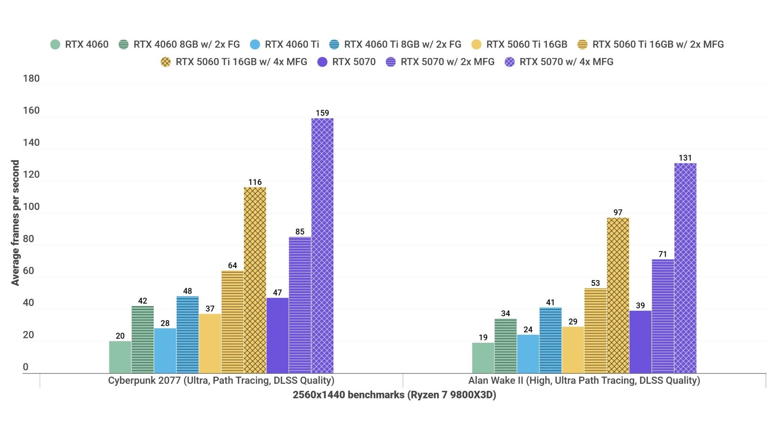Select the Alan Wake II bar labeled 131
685,268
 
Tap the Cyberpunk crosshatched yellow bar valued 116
255,280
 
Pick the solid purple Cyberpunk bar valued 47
277,335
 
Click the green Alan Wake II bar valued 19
483,358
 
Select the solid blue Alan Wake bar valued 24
528,354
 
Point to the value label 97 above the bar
618,212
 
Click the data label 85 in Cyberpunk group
300,232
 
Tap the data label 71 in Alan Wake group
662,254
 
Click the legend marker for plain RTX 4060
55,44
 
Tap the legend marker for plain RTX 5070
322,62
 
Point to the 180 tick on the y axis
31,78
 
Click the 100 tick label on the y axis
31,207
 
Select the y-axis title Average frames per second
15,223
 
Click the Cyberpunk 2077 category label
221,380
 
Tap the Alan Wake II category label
584,380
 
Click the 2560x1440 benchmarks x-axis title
394,394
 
